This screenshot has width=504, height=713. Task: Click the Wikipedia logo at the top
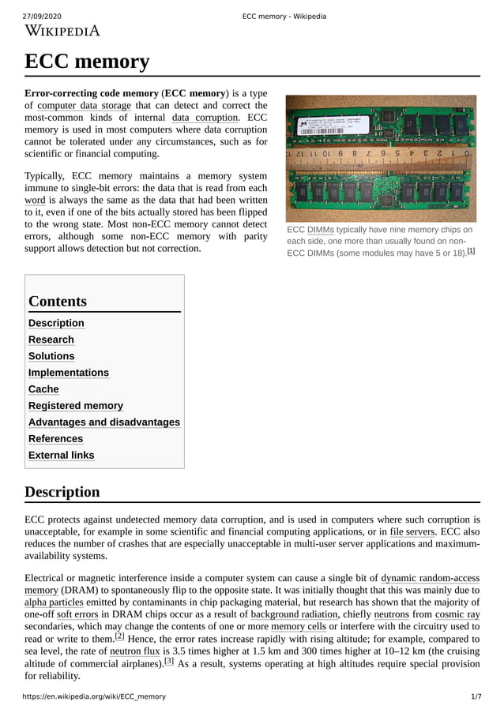coord(62,31)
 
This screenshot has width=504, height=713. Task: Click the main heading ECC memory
coord(87,61)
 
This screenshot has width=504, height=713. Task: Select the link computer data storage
coord(84,105)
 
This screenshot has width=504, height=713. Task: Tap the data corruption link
coord(205,118)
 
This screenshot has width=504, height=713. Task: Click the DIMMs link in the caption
coord(320,229)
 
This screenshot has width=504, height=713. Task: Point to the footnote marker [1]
coord(471,251)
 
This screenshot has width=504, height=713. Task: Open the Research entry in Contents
coord(51,340)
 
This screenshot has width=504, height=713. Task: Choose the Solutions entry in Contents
coord(51,356)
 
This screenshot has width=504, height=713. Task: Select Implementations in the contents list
coord(69,373)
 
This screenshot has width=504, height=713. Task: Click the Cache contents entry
coord(43,389)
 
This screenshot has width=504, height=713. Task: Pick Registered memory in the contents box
coord(76,406)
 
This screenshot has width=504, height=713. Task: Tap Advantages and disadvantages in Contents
coord(104,422)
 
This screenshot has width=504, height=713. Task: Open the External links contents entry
coord(61,456)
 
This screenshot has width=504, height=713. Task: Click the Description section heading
coord(62,492)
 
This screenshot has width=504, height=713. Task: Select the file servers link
coord(412,532)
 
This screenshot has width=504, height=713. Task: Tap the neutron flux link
coord(134,651)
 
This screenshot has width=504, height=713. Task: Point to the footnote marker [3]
coord(169,662)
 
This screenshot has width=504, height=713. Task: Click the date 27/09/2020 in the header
coord(42,17)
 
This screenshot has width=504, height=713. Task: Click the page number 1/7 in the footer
coord(476,697)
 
